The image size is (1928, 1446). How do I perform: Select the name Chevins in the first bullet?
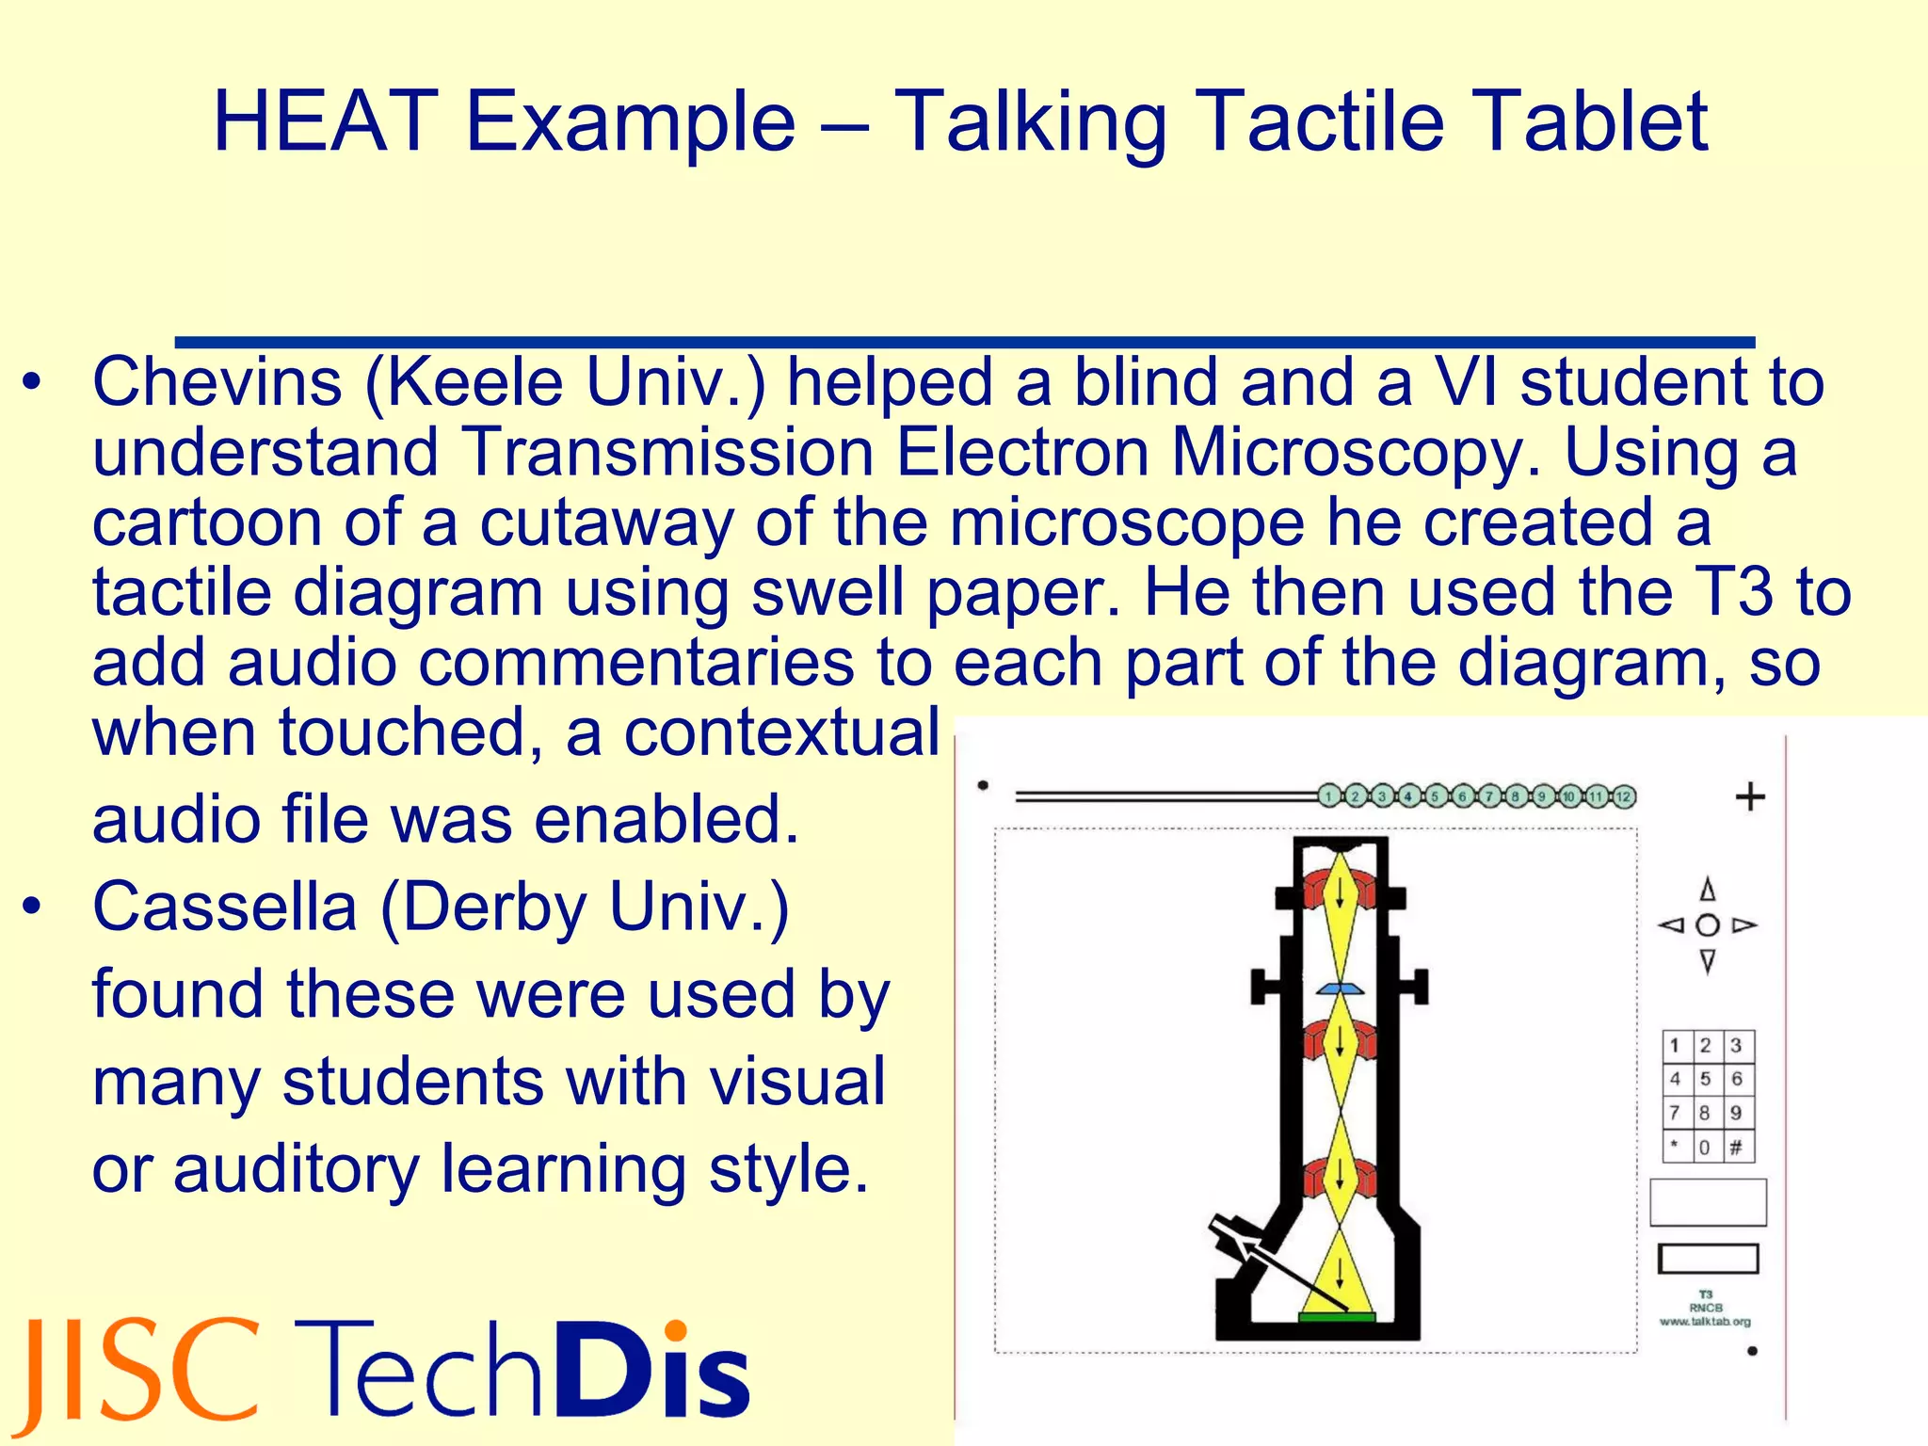click(x=217, y=382)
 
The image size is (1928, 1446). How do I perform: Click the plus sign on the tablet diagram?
click(x=1750, y=797)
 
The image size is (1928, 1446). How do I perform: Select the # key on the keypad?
click(x=1736, y=1147)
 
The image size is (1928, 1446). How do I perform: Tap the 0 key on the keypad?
click(x=1704, y=1147)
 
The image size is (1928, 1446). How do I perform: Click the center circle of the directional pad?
click(x=1707, y=925)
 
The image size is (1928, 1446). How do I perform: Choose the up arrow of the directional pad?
click(x=1707, y=890)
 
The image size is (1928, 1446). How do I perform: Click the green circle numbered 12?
click(x=1622, y=796)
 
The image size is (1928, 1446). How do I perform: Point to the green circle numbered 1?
click(x=1328, y=796)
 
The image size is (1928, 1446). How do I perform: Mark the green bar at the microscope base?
click(x=1337, y=1316)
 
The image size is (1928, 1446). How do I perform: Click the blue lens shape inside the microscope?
click(x=1341, y=988)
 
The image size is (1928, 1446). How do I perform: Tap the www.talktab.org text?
click(x=1705, y=1322)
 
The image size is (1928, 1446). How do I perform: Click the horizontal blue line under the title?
click(x=964, y=342)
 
